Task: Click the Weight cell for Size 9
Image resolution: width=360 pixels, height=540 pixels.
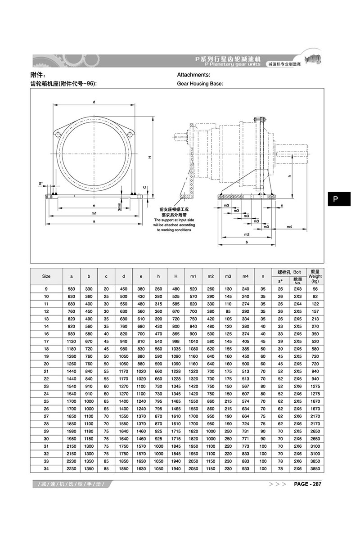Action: [315, 288]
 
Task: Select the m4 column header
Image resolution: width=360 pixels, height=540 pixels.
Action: [245, 276]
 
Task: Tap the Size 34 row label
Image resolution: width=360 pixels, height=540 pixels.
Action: [46, 469]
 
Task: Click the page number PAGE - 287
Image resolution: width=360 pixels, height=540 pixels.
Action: [308, 484]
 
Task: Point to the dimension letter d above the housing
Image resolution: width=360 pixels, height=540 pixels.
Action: [94, 102]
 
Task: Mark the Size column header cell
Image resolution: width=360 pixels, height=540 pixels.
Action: [46, 276]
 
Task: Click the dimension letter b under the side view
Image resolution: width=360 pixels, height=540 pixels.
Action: [247, 242]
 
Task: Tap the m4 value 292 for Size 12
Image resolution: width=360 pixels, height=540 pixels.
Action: [245, 311]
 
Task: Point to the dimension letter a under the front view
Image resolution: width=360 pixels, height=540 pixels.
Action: [94, 221]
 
